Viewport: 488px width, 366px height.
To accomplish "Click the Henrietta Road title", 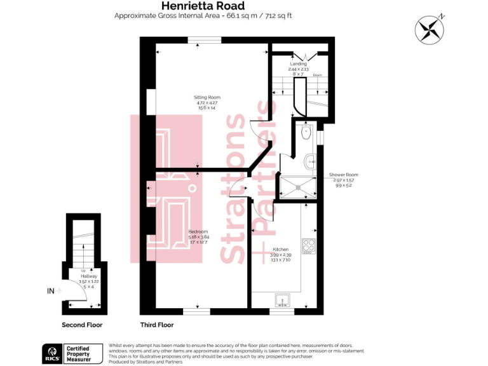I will pos(203,6).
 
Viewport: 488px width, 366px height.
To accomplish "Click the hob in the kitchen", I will pos(309,245).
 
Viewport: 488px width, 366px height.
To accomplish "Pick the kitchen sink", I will pos(281,299).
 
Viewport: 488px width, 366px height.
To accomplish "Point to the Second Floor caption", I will pos(82,325).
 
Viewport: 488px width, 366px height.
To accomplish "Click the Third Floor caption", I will pos(157,325).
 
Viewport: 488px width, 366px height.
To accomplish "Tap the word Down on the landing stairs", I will pos(317,75).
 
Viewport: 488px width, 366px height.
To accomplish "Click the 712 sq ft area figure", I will pos(278,16).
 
